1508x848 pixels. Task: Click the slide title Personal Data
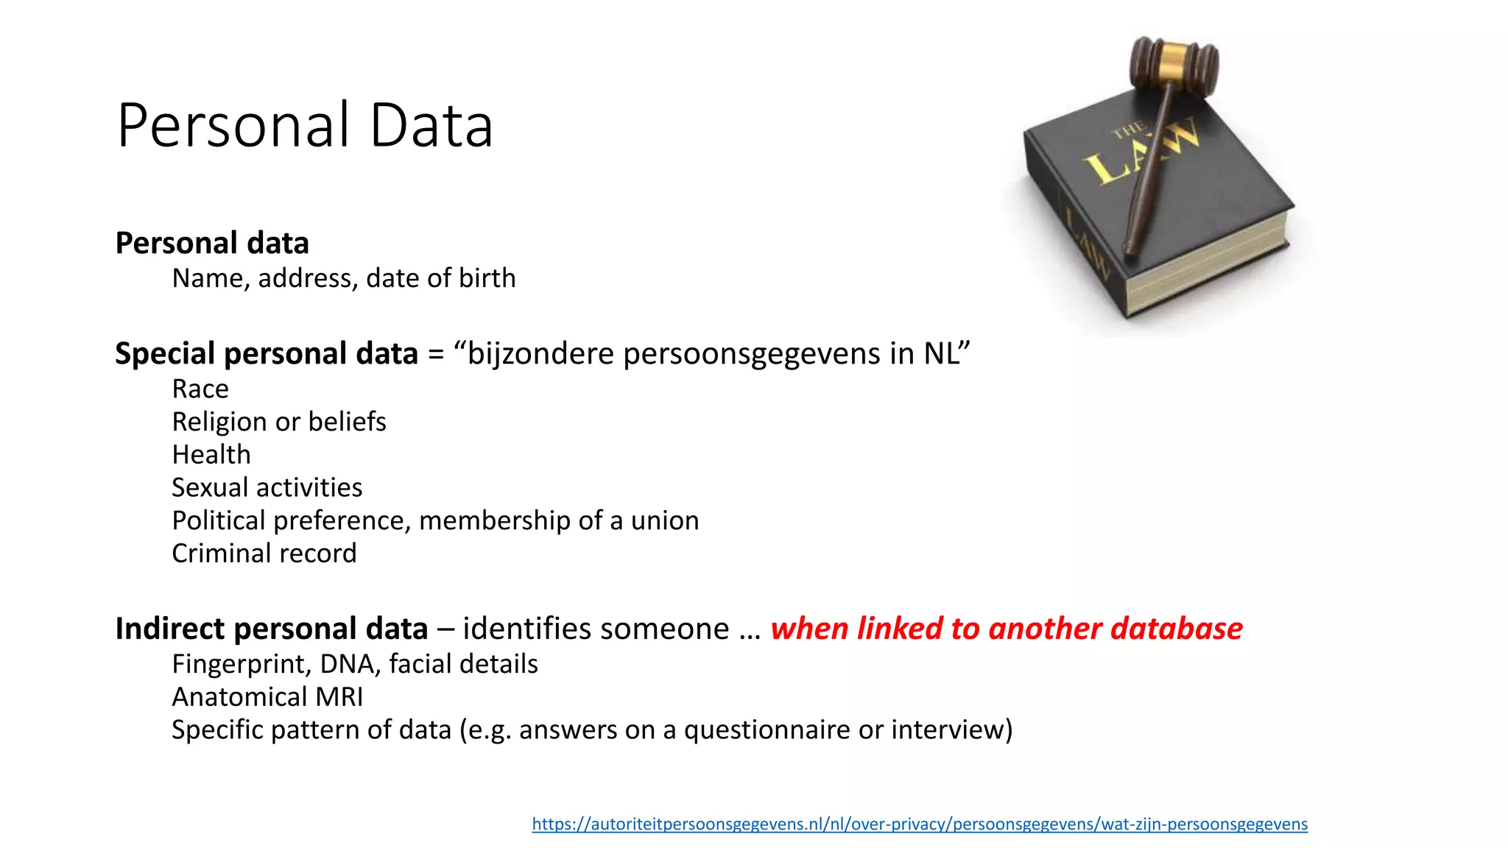(x=304, y=125)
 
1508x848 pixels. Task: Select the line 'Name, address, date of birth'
(x=343, y=278)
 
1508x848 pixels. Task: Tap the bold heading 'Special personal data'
(x=267, y=353)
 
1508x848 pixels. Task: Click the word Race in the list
(x=200, y=389)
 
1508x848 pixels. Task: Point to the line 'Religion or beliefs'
(x=278, y=422)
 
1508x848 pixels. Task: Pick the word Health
(x=211, y=455)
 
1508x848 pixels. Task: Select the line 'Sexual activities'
(x=267, y=487)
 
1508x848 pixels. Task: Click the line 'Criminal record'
(x=264, y=554)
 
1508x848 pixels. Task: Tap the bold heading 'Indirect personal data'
(x=271, y=629)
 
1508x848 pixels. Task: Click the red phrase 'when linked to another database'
(x=1007, y=629)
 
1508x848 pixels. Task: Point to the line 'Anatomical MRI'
(x=267, y=697)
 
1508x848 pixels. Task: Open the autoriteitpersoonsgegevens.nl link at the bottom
(x=920, y=824)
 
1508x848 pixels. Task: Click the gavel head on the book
(x=1174, y=66)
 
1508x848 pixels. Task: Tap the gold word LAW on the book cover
(x=1141, y=151)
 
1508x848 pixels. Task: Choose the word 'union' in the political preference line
(x=665, y=520)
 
